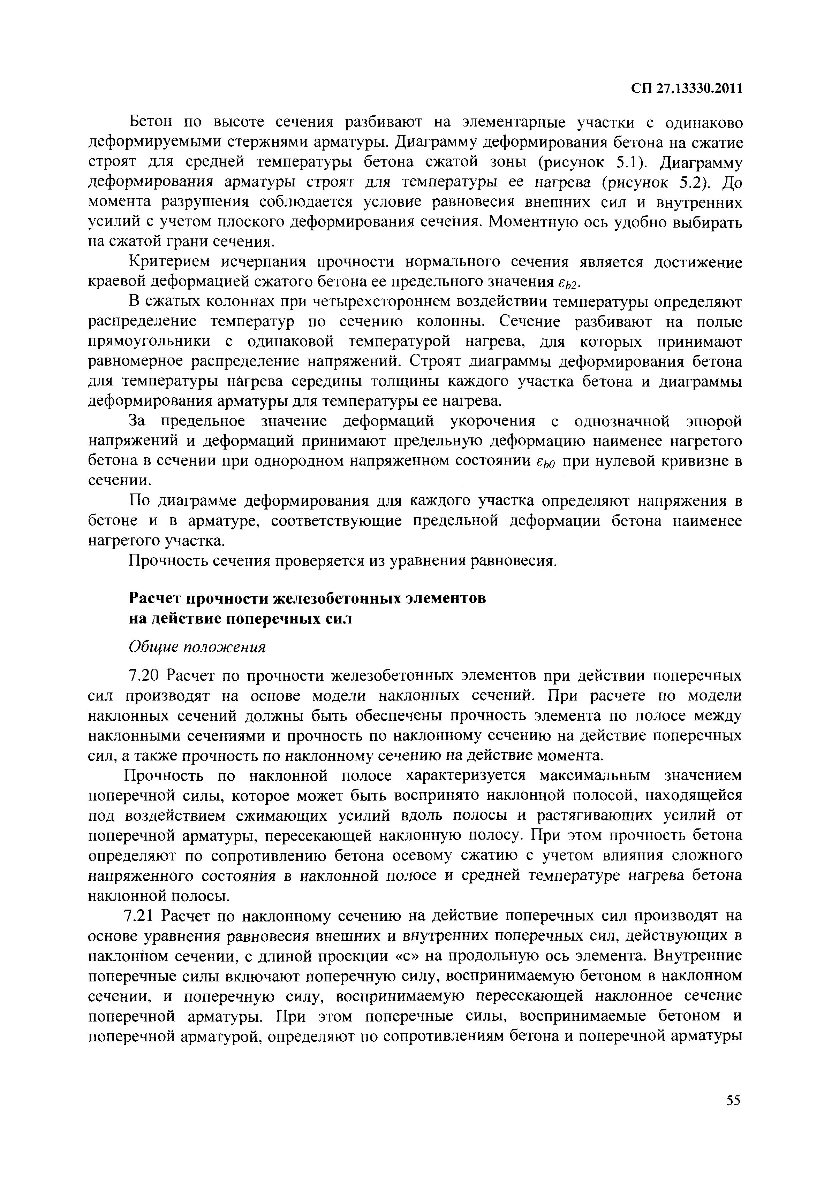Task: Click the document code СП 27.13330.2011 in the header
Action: click(x=686, y=89)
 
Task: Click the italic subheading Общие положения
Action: click(x=197, y=647)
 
